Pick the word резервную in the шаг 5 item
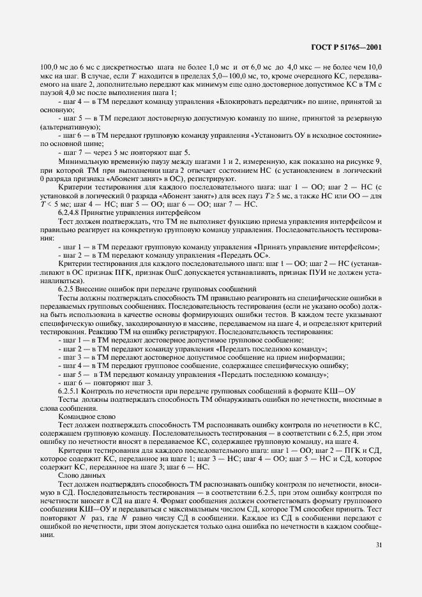point(361,119)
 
